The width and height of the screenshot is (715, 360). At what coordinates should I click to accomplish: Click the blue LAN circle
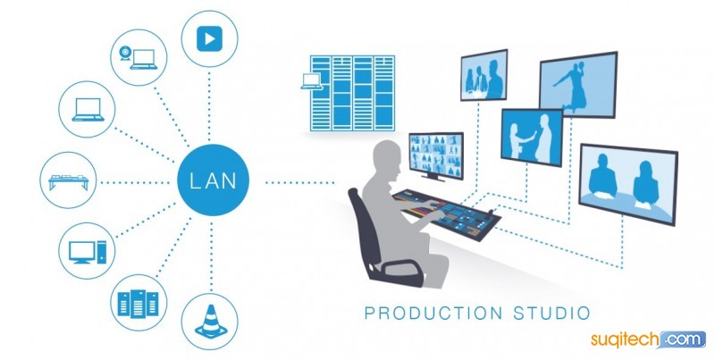(x=213, y=180)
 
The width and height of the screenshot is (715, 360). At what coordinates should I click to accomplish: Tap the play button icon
(x=209, y=38)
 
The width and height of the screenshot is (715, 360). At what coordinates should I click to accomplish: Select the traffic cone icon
(x=211, y=322)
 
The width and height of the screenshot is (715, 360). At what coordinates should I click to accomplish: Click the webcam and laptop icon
(x=139, y=58)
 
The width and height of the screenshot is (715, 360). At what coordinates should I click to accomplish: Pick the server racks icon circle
(x=139, y=303)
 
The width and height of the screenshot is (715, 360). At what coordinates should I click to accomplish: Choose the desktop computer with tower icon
(x=87, y=252)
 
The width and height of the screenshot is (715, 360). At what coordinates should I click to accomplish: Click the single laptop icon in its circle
(x=88, y=110)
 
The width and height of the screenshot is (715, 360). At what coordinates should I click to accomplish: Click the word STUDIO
(x=551, y=313)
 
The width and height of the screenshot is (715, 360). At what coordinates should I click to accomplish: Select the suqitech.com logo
(x=648, y=339)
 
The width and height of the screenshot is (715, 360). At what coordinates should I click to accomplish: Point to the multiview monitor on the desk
(x=436, y=155)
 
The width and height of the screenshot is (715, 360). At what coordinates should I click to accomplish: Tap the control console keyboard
(x=447, y=214)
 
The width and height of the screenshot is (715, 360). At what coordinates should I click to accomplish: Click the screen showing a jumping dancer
(x=578, y=85)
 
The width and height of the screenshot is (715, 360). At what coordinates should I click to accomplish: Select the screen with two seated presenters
(x=628, y=184)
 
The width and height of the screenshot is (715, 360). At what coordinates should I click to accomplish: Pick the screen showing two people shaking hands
(x=532, y=138)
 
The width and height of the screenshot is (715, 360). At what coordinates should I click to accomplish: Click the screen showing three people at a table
(x=484, y=75)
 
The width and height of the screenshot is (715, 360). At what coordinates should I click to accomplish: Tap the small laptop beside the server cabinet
(x=312, y=81)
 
